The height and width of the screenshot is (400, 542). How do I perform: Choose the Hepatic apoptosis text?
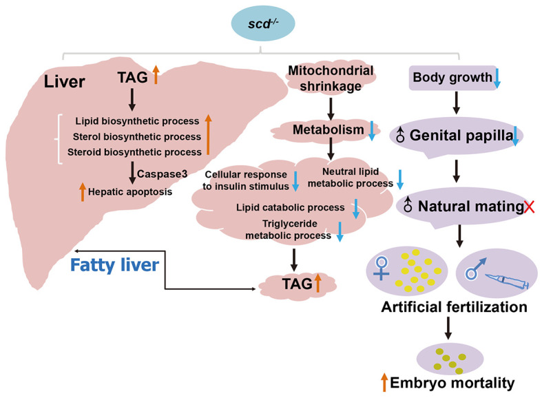pos(136,191)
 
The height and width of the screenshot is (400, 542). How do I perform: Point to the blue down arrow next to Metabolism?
pos(372,129)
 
